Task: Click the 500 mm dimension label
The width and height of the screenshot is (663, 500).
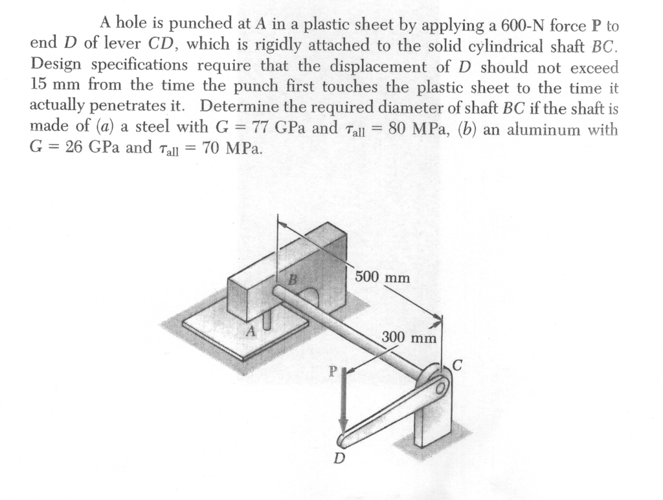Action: coord(383,277)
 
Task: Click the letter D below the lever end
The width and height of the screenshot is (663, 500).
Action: coord(339,459)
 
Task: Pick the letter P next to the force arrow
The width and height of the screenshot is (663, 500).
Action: coord(333,372)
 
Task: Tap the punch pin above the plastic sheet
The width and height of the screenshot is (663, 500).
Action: coord(266,318)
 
